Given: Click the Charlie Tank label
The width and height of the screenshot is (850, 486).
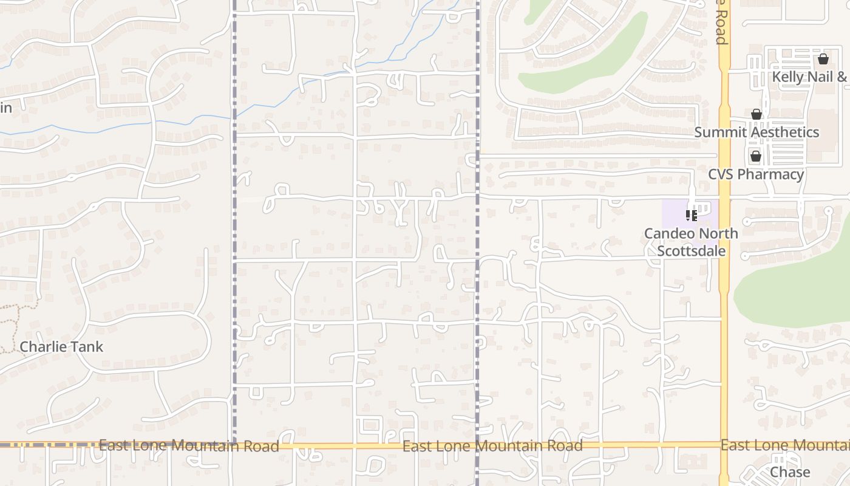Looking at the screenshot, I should coord(61,347).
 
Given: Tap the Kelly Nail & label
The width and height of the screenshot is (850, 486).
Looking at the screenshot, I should coord(810,77).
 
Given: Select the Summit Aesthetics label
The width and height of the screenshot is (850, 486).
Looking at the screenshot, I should coord(756,132).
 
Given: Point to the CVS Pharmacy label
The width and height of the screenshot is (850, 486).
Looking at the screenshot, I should coord(756,174).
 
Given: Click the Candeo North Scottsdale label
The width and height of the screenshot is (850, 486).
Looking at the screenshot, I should coord(691,242).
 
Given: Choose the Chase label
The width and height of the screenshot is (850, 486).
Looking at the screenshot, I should coord(790,472).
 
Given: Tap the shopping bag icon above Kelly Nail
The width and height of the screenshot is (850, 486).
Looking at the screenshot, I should coord(823,59).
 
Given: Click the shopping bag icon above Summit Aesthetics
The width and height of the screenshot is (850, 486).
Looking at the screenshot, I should coord(756,114).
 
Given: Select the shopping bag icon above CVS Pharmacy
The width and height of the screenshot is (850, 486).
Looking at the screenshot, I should coord(756,156).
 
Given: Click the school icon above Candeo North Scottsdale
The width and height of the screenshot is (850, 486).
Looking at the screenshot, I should coord(691,215).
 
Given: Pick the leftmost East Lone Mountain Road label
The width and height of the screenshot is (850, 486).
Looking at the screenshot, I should coord(189,446).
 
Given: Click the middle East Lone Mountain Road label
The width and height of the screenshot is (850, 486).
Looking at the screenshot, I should coord(492,446).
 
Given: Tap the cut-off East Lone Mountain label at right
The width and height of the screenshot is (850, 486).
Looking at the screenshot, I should coord(785,445).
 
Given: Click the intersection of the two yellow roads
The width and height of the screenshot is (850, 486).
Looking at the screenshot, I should coord(724,445).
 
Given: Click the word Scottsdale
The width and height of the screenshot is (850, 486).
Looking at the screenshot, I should coord(692,250).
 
